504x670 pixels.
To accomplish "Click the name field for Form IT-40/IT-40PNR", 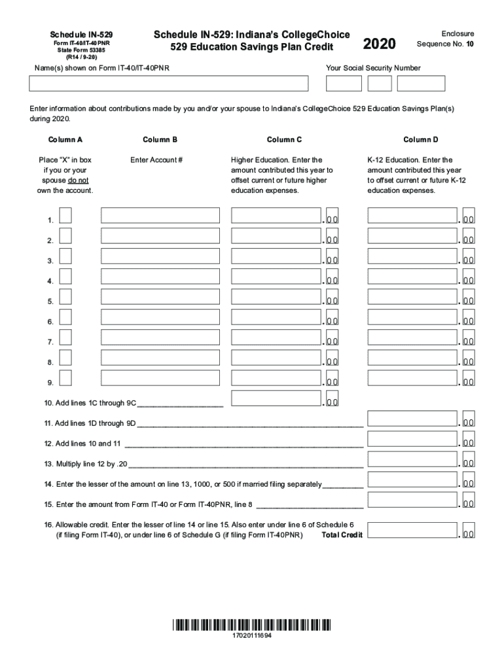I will [x=168, y=84].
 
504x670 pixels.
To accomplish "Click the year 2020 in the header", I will [x=379, y=44].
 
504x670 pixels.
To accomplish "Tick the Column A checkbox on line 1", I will [x=65, y=216].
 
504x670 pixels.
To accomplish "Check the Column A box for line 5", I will [x=65, y=297].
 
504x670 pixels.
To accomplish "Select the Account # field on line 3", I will [x=160, y=256].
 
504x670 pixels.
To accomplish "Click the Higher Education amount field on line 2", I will [x=276, y=236].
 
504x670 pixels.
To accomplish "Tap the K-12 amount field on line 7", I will [x=412, y=338].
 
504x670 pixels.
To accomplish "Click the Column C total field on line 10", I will [x=276, y=398].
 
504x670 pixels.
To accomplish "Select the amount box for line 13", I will [x=412, y=459].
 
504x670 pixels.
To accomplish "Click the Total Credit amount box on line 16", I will [x=412, y=531].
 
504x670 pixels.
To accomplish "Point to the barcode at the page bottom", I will [x=252, y=624].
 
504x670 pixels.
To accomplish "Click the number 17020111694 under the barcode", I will [x=252, y=636].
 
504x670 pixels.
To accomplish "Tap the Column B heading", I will [x=160, y=139].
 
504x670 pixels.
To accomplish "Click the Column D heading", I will [x=420, y=139].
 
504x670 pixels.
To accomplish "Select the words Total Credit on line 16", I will [x=342, y=535].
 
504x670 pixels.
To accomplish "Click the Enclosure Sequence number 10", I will [x=470, y=44].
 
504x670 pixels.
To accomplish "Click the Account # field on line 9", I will [x=160, y=378].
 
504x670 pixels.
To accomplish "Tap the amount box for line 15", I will [x=412, y=500].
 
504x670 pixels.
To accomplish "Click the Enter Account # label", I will [x=156, y=160].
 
